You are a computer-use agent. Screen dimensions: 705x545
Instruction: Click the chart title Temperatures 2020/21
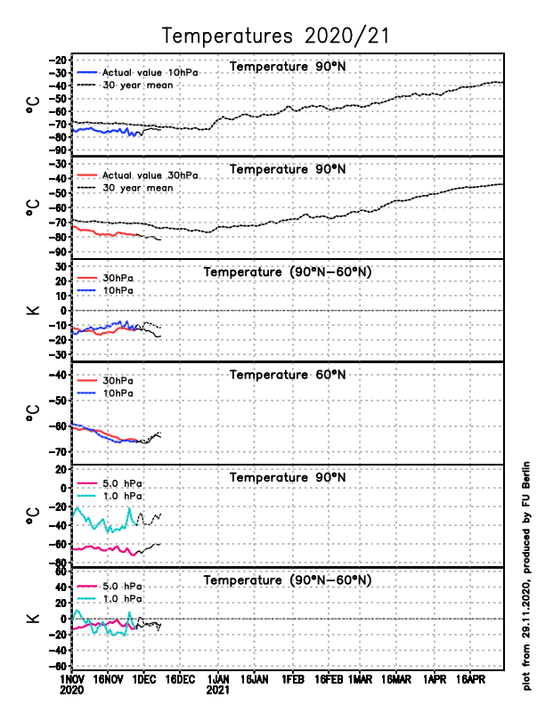(276, 36)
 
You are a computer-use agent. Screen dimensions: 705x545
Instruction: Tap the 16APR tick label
(472, 679)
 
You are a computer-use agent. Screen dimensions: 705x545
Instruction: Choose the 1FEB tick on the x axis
(293, 679)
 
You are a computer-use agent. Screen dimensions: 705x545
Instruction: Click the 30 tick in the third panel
(61, 266)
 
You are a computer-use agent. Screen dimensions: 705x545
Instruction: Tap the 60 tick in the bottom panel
(61, 572)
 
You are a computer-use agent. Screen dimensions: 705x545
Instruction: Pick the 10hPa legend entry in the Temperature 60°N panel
(118, 393)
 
